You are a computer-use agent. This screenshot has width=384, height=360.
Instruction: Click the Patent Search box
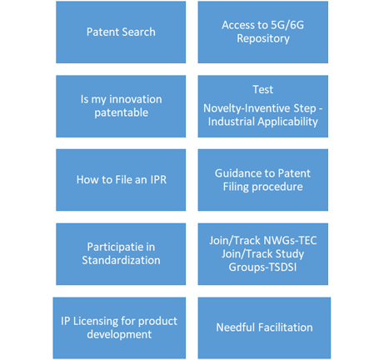(x=121, y=32)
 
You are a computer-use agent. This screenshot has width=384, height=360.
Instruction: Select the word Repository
(x=263, y=38)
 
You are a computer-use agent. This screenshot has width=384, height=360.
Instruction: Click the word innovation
(x=136, y=99)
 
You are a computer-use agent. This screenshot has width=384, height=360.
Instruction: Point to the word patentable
(x=122, y=112)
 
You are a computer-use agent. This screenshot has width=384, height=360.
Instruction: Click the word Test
(x=263, y=89)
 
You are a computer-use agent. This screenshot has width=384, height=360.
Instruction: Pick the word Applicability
(x=287, y=122)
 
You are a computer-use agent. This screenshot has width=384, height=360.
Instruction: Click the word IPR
(x=158, y=180)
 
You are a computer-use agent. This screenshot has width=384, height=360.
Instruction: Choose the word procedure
(x=277, y=187)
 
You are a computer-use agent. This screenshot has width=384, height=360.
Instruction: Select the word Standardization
(x=121, y=260)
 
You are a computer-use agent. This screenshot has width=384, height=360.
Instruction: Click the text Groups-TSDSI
(x=262, y=267)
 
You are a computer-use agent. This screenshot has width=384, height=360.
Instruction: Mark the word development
(x=119, y=334)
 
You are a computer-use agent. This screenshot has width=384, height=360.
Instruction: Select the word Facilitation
(x=285, y=327)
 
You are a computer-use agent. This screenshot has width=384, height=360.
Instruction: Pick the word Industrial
(x=232, y=122)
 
